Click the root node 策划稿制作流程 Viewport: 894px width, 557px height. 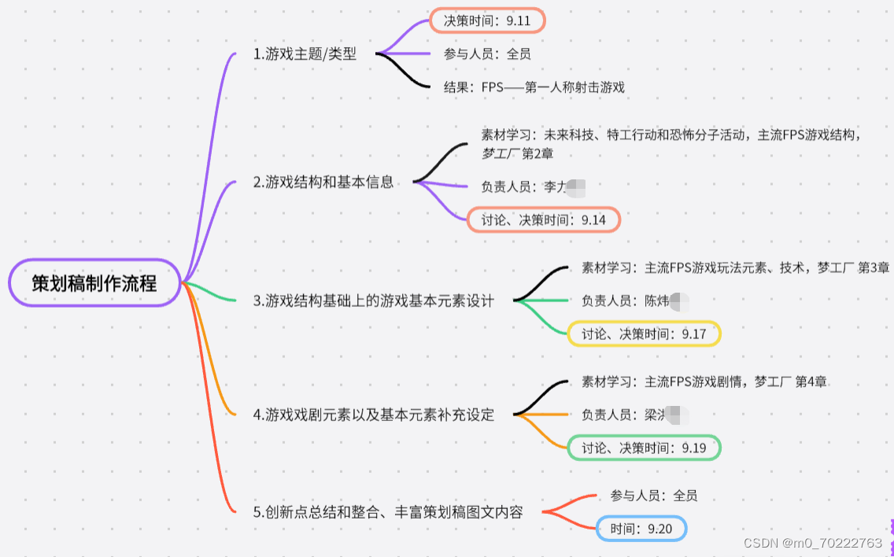(x=94, y=283)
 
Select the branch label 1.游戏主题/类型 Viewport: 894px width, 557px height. (x=305, y=54)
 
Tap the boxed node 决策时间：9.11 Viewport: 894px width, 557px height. (x=486, y=21)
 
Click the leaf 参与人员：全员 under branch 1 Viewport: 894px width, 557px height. (x=486, y=54)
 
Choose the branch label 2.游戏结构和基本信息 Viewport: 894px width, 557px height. (x=323, y=183)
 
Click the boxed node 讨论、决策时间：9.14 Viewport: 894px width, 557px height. (x=543, y=219)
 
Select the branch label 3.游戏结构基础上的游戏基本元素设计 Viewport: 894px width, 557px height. (x=374, y=301)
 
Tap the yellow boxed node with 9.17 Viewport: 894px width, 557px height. (x=644, y=334)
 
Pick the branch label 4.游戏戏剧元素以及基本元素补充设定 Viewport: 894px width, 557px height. (x=374, y=415)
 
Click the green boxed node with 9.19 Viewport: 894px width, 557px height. (x=644, y=448)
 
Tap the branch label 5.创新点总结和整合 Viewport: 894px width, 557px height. (x=388, y=512)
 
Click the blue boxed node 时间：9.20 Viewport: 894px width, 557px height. (x=641, y=529)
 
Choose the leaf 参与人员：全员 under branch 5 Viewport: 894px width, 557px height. (x=653, y=496)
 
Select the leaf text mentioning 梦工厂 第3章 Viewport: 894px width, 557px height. (x=735, y=268)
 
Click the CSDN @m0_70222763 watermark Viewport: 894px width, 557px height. (x=813, y=543)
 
